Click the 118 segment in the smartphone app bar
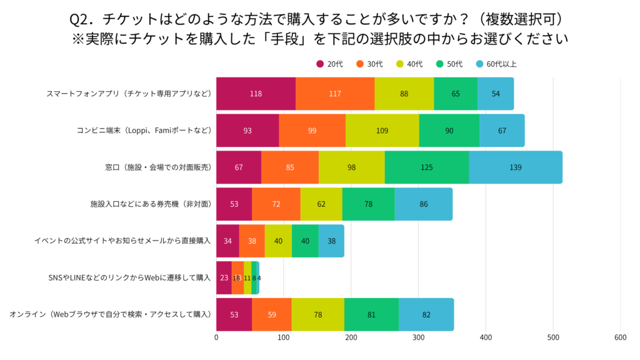pyautogui.click(x=256, y=94)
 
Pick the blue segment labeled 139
pyautogui.click(x=515, y=167)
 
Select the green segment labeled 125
pyautogui.click(x=426, y=167)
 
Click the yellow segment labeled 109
pyautogui.click(x=382, y=131)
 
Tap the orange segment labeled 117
pyautogui.click(x=335, y=94)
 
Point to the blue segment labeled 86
pyautogui.click(x=423, y=204)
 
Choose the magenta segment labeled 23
pyautogui.click(x=224, y=277)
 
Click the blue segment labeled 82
pyautogui.click(x=426, y=314)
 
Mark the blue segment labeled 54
pyautogui.click(x=496, y=94)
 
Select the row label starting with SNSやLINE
pyautogui.click(x=129, y=277)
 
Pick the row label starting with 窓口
pyautogui.click(x=158, y=167)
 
